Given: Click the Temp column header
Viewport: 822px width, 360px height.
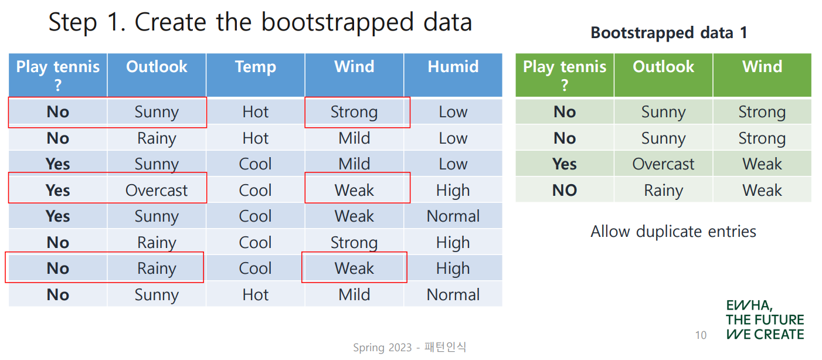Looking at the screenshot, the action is click(x=256, y=67).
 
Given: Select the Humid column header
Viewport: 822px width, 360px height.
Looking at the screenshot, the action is click(x=453, y=67).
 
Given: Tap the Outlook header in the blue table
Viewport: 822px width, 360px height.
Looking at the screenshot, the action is click(x=157, y=67).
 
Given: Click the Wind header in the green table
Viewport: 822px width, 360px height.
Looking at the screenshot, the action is click(x=762, y=67).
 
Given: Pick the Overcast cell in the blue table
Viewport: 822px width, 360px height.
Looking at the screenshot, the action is click(x=157, y=191).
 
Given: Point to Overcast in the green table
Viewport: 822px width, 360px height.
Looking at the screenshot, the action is click(x=664, y=164).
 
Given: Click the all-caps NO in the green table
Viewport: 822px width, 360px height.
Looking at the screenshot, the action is click(x=565, y=191).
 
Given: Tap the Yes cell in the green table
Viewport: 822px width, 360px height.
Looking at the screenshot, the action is click(x=565, y=164).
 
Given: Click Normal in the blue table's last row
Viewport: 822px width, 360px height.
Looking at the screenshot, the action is click(x=453, y=295).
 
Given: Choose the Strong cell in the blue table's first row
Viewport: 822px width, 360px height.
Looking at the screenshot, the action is click(x=354, y=113).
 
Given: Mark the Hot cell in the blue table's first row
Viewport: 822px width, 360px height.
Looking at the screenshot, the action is click(x=256, y=112).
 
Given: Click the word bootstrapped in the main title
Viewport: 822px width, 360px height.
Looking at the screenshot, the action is click(x=338, y=23).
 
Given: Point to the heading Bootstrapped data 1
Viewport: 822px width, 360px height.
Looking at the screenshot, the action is click(x=669, y=33).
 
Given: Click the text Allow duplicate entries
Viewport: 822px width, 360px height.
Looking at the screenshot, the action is click(x=674, y=232).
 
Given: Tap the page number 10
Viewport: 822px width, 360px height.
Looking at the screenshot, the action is click(x=701, y=335).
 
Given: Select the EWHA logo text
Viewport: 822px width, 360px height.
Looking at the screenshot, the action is click(x=765, y=320).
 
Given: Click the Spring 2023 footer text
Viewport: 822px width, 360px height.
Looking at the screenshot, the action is click(x=382, y=348).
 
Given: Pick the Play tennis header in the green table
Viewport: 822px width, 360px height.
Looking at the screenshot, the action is click(x=565, y=75).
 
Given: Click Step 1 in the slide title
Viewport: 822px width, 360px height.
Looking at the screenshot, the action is click(x=87, y=22).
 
